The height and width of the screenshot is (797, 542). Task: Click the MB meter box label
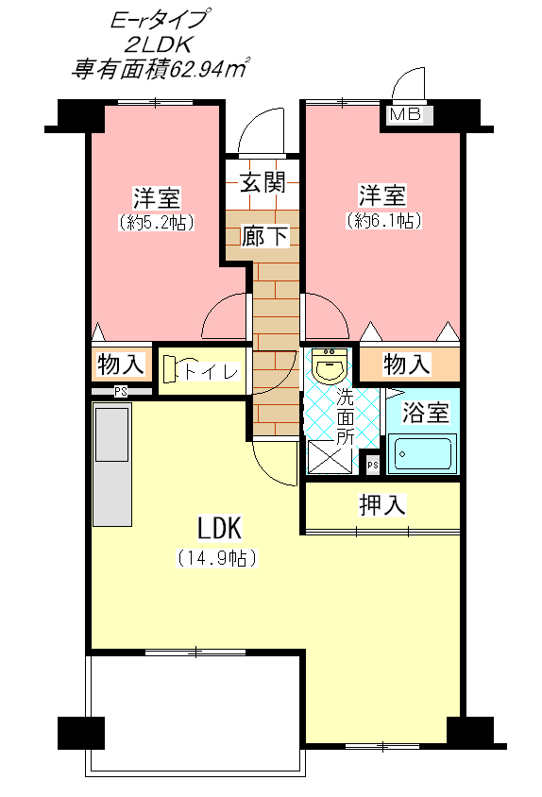[x=405, y=114]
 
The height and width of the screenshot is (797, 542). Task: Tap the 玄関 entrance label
[x=263, y=182]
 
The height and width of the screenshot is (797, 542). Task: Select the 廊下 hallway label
[x=263, y=236]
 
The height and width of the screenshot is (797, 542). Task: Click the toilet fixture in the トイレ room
[x=170, y=369]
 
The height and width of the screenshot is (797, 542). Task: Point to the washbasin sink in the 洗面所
[x=330, y=365]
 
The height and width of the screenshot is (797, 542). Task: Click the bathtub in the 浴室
[x=422, y=453]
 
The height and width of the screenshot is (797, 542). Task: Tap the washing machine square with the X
[x=330, y=457]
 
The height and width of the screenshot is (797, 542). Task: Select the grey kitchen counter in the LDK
[x=111, y=465]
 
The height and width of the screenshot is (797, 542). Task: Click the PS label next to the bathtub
[x=373, y=465]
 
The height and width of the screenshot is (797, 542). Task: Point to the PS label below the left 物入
[x=121, y=391]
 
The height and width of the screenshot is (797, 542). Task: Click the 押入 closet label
[x=382, y=505]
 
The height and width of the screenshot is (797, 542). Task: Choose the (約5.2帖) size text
[x=157, y=223]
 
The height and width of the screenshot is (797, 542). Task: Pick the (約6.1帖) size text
[x=384, y=220]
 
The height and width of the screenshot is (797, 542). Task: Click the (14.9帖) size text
[x=217, y=558]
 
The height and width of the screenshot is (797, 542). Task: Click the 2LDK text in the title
[x=158, y=44]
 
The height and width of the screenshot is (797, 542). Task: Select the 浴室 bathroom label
[x=426, y=413]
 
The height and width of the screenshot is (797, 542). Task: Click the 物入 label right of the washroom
[x=407, y=365]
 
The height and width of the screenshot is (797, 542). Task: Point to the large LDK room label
[x=219, y=528]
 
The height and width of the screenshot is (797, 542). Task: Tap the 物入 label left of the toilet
[x=121, y=364]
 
